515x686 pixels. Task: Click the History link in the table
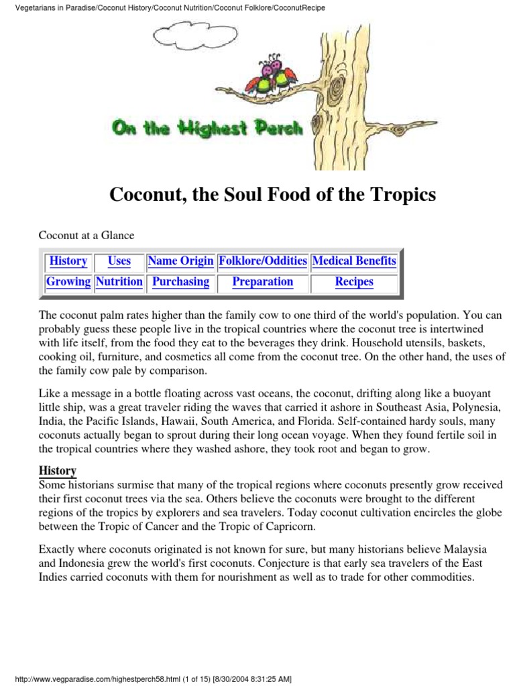click(68, 261)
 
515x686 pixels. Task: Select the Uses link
click(119, 261)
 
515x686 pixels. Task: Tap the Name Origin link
click(180, 261)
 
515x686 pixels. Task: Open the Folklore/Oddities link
click(263, 261)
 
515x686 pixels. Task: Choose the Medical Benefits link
click(354, 261)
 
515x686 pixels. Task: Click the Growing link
click(68, 282)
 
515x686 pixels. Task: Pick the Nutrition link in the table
click(119, 282)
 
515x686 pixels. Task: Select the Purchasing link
click(180, 282)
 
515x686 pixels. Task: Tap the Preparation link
click(263, 282)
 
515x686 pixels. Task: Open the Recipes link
click(354, 282)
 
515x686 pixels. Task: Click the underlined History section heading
click(58, 471)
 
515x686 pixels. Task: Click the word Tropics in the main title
click(402, 195)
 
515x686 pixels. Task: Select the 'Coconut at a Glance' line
click(87, 235)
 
